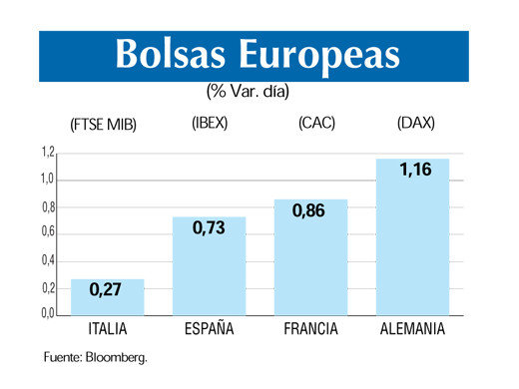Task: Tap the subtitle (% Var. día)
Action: (247, 92)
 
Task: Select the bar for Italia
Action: (108, 297)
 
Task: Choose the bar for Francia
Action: (310, 257)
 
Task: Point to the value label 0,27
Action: (106, 290)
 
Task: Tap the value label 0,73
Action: (209, 227)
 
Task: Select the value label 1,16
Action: (414, 170)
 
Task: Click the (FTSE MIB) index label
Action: (103, 126)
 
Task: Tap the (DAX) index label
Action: (415, 125)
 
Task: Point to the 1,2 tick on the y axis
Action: (48, 153)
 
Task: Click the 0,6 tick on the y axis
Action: (48, 233)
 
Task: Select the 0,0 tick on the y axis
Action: (48, 314)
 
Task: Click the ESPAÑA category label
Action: (210, 329)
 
